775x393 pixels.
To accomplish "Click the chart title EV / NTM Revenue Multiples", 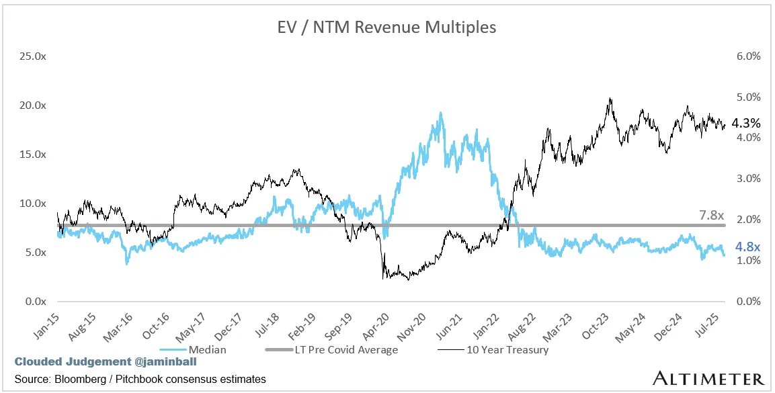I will [x=387, y=28].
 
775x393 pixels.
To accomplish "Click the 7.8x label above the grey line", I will [x=710, y=216].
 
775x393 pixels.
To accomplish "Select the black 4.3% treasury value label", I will [x=745, y=124].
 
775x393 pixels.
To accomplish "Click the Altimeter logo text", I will [x=708, y=378].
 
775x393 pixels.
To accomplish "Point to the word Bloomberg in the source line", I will [x=81, y=380].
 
